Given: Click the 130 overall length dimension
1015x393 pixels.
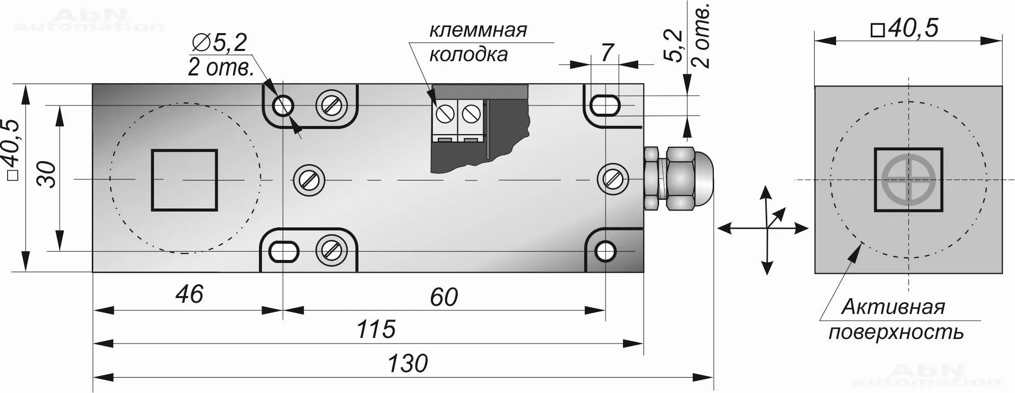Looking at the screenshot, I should [407, 364].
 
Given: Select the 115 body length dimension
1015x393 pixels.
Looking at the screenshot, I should [376, 329].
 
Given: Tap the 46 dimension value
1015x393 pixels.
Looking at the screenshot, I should [189, 295].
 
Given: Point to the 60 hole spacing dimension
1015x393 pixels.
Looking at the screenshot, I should [444, 297].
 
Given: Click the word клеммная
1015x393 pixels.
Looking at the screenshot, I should [478, 30].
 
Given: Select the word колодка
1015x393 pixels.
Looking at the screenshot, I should [468, 55].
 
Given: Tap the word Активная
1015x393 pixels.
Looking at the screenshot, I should [893, 307].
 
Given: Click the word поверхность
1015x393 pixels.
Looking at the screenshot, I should [896, 332].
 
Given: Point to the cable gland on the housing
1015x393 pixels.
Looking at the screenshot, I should [675, 179].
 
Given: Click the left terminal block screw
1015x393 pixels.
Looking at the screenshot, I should [446, 113].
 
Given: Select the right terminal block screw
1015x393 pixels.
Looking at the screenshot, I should [471, 113].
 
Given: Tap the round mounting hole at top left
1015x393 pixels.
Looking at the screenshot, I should [283, 106].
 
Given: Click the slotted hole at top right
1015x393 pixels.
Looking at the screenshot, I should [605, 106].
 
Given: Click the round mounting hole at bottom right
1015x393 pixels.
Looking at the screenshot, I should [606, 251].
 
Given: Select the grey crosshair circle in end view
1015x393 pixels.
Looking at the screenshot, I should [908, 180].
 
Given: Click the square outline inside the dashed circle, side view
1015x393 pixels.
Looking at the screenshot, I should [184, 180].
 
